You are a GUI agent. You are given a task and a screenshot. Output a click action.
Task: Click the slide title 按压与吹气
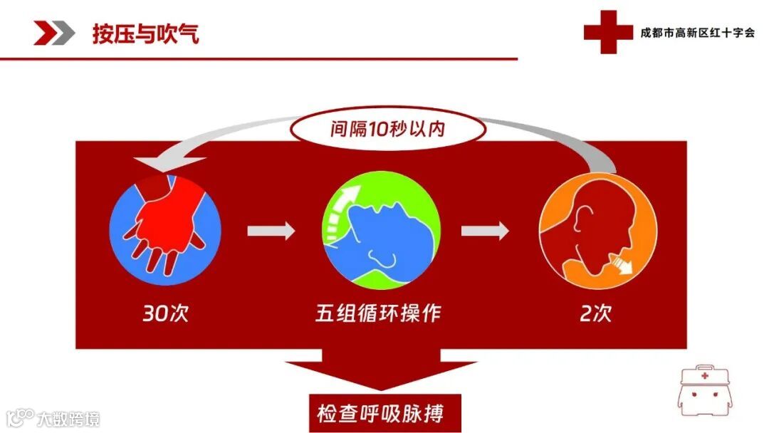[x=145, y=33]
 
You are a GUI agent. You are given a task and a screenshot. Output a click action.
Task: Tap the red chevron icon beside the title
[x=54, y=33]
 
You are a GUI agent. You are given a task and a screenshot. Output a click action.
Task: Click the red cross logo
[x=607, y=32]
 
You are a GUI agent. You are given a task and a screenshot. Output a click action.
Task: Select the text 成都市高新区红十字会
[x=697, y=33]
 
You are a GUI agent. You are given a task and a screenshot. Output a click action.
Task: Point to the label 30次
[x=166, y=313]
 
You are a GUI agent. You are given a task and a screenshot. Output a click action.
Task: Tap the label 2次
[x=595, y=313]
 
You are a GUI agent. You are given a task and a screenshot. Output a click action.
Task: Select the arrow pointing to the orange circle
[x=485, y=230]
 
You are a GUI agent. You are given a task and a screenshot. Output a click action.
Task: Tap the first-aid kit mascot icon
[x=704, y=395]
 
